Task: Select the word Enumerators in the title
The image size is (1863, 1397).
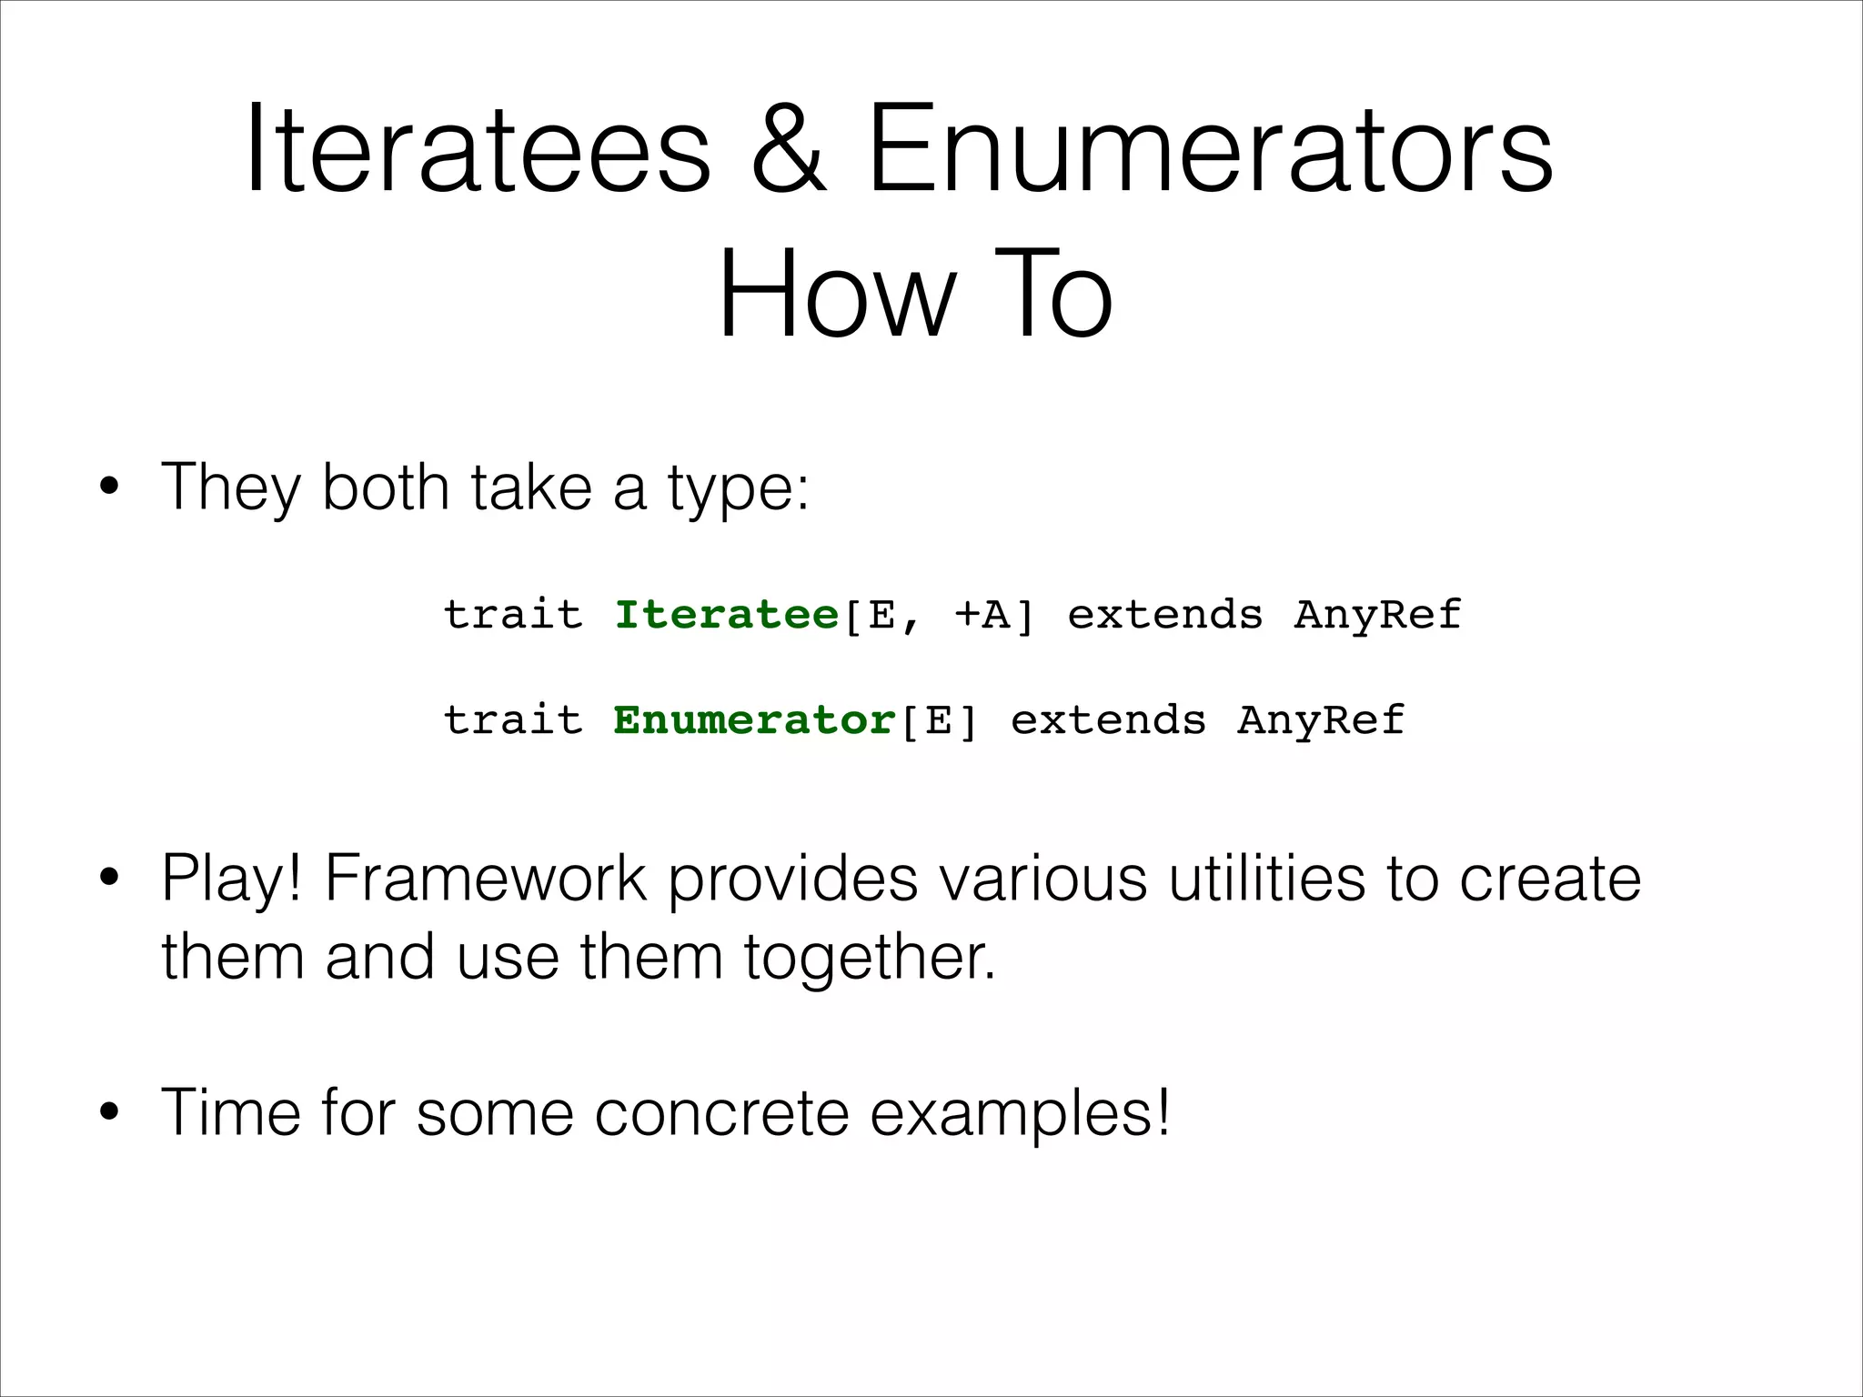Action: tap(1210, 150)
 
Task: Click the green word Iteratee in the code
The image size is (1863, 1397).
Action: tap(726, 615)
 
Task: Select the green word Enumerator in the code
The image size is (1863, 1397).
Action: tap(754, 720)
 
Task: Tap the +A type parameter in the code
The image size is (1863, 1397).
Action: tap(982, 616)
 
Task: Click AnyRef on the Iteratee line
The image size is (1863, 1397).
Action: tap(1377, 616)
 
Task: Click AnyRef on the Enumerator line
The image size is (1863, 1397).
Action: tap(1320, 720)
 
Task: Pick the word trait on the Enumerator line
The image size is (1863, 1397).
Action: tap(512, 720)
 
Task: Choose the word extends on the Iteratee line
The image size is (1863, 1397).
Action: tap(1165, 616)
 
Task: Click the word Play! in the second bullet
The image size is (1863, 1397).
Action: tap(231, 879)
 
